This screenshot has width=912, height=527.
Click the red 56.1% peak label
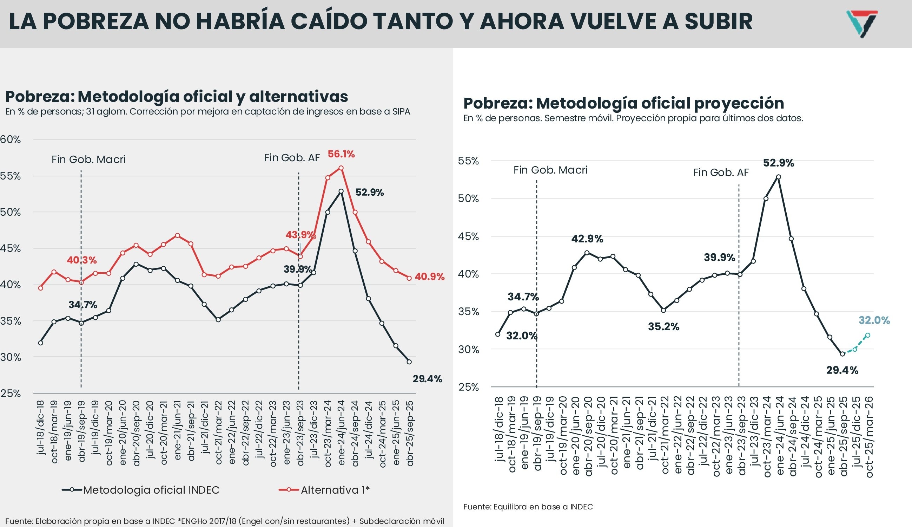point(341,154)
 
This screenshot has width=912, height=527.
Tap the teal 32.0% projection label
point(874,320)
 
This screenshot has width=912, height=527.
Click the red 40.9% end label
point(429,277)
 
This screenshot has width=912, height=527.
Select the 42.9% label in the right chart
point(587,239)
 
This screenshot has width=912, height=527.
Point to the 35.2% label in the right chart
point(663,327)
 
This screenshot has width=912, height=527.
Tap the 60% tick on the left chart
point(10,140)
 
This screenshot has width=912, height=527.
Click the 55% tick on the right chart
point(468,161)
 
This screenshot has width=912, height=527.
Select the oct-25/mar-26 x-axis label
point(869,436)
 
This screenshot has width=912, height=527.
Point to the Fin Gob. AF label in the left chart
point(292,158)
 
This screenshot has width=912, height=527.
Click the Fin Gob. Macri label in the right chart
point(550,170)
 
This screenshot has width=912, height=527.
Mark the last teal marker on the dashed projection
point(867,335)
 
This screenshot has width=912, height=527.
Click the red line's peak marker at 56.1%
point(341,168)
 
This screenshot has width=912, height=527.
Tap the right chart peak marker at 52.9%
point(779,177)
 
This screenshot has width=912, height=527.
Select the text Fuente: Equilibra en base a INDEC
point(528,507)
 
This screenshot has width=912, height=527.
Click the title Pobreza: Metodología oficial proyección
point(623,104)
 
